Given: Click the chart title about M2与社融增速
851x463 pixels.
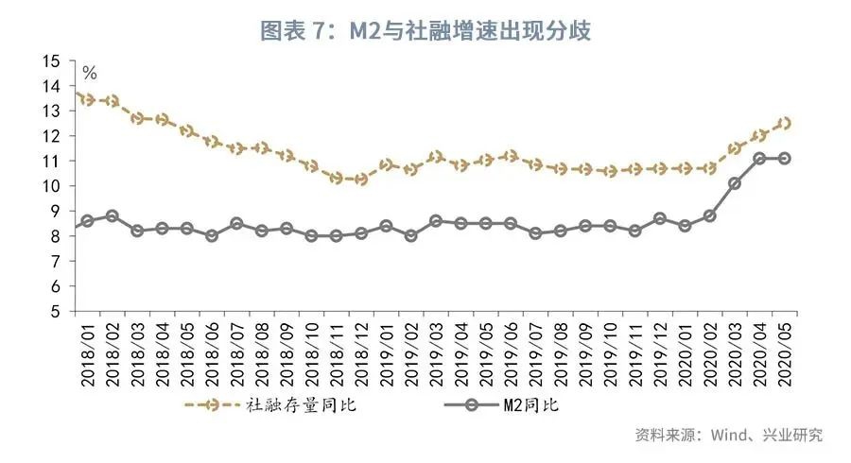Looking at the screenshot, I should pos(425,30).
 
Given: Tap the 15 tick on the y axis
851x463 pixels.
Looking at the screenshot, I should pos(51,61).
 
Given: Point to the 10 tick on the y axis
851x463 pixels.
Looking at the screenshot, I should pos(51,186).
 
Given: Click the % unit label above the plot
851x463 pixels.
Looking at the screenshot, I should pos(91,73).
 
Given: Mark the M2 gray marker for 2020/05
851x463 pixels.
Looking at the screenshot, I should pos(785,158).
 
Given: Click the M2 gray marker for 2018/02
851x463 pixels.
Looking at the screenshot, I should pos(112,216).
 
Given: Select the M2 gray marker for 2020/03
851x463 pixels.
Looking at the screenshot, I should pos(735,183).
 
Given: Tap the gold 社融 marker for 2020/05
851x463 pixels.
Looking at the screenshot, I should pos(785,123).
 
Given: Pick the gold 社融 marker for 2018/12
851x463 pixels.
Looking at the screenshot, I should pos(360,179).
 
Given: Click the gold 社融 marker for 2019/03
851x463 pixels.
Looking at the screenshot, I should pos(436,157).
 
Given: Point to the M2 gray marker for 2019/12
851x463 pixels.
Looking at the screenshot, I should pos(660,218).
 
